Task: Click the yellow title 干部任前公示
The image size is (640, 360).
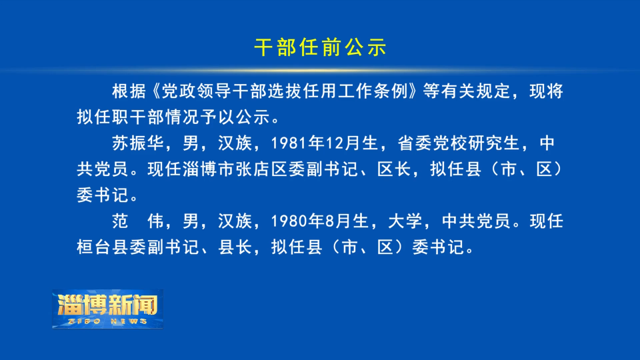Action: coord(321,47)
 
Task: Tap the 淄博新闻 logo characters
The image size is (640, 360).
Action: coord(108,305)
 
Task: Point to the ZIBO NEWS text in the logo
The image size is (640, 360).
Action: coord(108,321)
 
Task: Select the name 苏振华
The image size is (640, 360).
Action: coord(139,143)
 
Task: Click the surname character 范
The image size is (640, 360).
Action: coord(121,221)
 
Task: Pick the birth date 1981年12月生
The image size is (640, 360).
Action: coord(325,143)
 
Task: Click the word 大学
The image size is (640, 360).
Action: coord(405,221)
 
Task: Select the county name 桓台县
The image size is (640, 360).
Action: coord(103,247)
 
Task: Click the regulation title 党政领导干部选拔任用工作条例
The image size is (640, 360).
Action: coord(285,91)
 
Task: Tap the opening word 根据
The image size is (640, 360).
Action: coord(129,91)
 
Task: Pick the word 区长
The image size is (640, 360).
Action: coord(394,169)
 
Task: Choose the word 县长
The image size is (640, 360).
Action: coord(235,247)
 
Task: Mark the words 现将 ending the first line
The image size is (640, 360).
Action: coord(546,91)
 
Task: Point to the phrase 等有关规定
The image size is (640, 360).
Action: coord(467,91)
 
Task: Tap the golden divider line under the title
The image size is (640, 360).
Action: coord(320,70)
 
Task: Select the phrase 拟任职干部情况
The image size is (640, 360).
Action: coord(139,117)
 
